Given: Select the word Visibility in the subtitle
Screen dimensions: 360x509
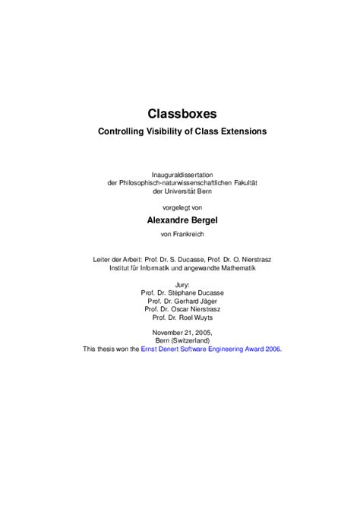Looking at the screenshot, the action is (172, 131).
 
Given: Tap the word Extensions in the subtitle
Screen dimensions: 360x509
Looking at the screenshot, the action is (240, 131).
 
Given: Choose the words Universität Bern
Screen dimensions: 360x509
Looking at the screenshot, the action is (189, 191).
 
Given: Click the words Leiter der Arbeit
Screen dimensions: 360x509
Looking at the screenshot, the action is (119, 259).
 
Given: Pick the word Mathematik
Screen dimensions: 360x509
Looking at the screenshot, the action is (232, 267).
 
